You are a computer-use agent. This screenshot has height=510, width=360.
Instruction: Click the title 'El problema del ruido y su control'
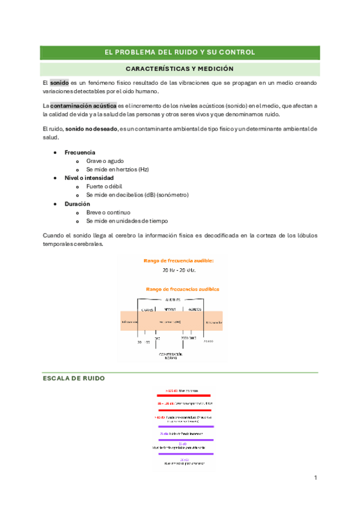pyautogui.click(x=180, y=52)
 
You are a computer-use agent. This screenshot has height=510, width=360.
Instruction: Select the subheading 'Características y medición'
pyautogui.click(x=180, y=69)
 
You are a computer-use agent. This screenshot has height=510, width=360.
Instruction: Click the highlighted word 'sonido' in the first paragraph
pyautogui.click(x=59, y=82)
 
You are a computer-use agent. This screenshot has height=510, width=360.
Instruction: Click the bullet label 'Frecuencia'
pyautogui.click(x=80, y=152)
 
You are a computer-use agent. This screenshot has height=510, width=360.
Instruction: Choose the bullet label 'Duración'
pyautogui.click(x=77, y=204)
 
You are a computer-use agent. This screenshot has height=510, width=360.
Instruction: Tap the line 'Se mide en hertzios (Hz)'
pyautogui.click(x=117, y=170)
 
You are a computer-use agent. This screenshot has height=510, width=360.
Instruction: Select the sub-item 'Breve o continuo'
pyautogui.click(x=109, y=212)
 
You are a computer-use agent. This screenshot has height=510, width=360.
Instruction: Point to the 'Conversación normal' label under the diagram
pyautogui.click(x=170, y=357)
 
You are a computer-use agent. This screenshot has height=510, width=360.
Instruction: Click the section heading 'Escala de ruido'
pyautogui.click(x=74, y=379)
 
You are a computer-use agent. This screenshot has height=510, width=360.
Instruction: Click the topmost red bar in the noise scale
pyautogui.click(x=183, y=395)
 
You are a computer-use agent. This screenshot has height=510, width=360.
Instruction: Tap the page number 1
pyautogui.click(x=315, y=478)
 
